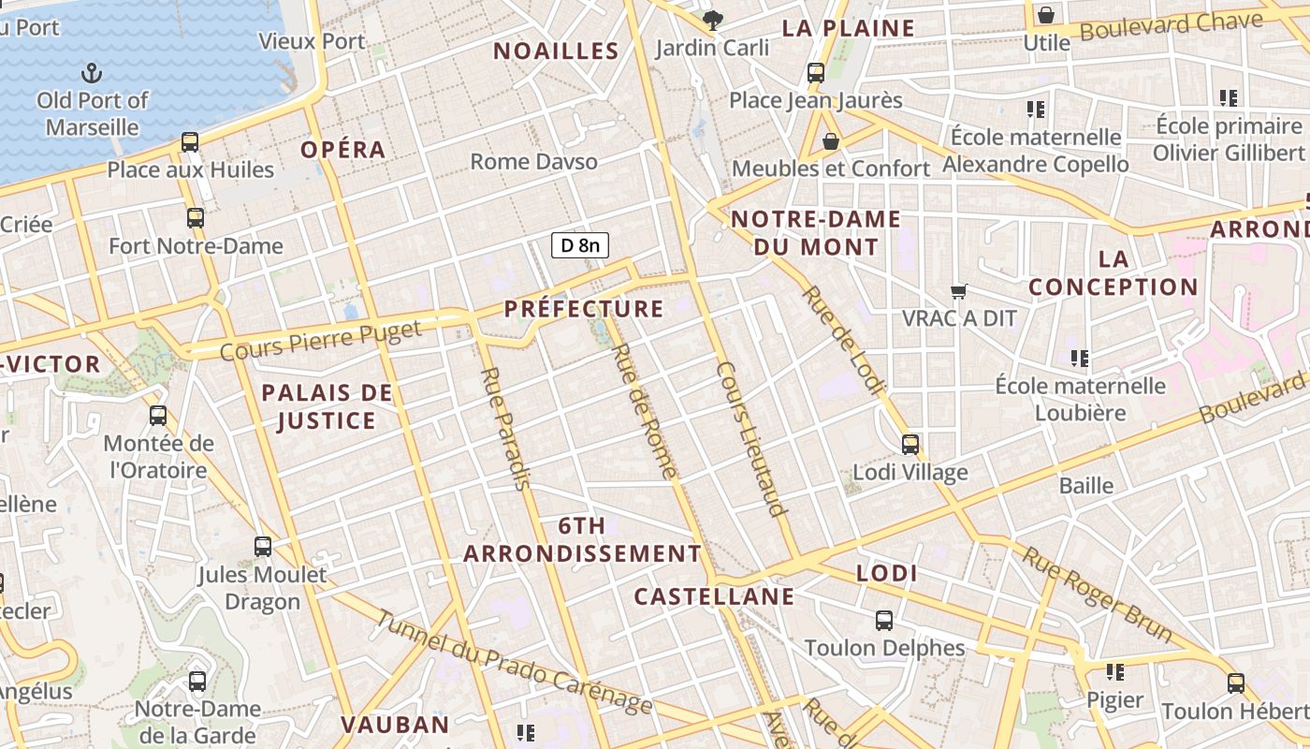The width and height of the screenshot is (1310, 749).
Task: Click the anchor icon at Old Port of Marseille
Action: (92, 72)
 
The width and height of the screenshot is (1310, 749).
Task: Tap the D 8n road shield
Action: (580, 246)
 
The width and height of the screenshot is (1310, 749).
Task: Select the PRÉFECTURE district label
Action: (584, 309)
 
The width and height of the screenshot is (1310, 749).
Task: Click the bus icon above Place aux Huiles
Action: (190, 142)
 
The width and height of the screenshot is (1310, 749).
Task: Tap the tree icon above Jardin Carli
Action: (713, 20)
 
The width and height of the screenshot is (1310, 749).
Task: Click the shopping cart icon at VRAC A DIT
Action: (958, 292)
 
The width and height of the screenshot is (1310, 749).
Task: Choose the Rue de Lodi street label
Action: (842, 340)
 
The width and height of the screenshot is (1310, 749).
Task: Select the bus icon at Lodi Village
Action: (910, 445)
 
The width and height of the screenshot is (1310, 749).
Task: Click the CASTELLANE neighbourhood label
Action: (714, 596)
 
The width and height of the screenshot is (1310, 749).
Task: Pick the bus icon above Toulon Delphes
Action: (884, 620)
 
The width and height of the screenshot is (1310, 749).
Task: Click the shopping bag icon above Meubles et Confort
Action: (830, 141)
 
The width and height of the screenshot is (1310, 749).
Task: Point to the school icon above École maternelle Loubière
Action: (1080, 358)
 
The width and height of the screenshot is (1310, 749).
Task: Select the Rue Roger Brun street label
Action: (1096, 595)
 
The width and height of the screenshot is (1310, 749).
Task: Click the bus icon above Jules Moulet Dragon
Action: (263, 547)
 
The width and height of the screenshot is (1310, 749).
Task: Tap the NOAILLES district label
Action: (556, 51)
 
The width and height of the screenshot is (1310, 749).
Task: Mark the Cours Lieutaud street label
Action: (750, 438)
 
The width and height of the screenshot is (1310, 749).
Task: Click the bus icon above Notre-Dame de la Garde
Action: (196, 682)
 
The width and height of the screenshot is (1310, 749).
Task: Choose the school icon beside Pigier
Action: (1114, 672)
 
